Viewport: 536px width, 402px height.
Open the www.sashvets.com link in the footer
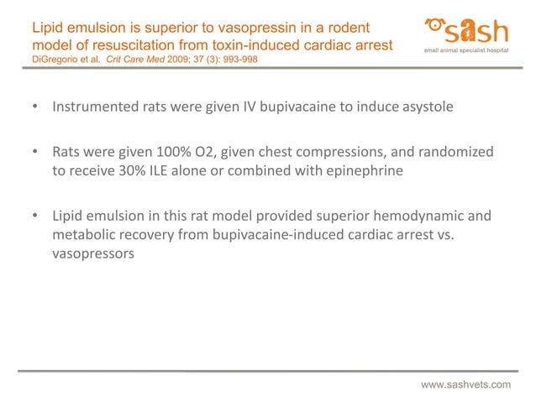coord(465,384)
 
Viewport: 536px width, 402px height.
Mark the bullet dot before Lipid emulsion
coord(35,217)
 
